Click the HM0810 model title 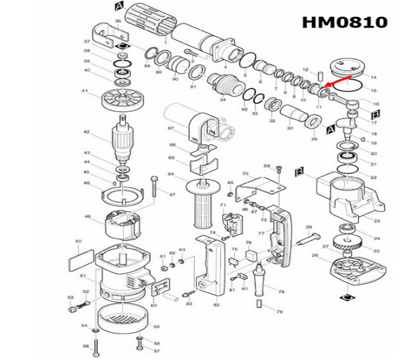(x=344, y=23)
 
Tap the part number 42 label (x=86, y=132)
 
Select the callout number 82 (x=216, y=305)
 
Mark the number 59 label (x=156, y=327)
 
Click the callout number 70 (x=245, y=174)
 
